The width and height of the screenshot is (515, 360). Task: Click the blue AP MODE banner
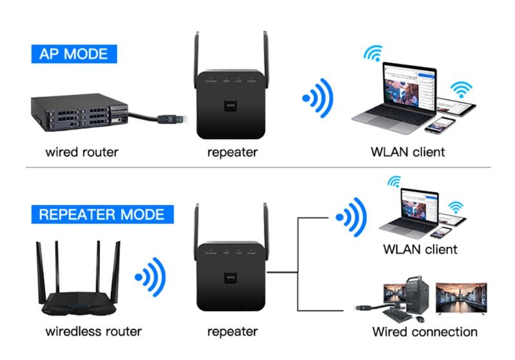tap(73, 53)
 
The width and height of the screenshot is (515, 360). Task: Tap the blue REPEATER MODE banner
tap(101, 214)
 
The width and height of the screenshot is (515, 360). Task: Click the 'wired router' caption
tap(82, 153)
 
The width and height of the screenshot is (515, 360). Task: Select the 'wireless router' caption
tap(93, 332)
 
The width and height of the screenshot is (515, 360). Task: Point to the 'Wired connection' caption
tap(425, 332)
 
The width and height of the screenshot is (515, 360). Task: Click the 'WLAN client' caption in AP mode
tap(407, 153)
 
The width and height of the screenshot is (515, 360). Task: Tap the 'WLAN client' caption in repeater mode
tap(420, 249)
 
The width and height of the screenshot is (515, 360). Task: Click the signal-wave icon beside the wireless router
tap(150, 278)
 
